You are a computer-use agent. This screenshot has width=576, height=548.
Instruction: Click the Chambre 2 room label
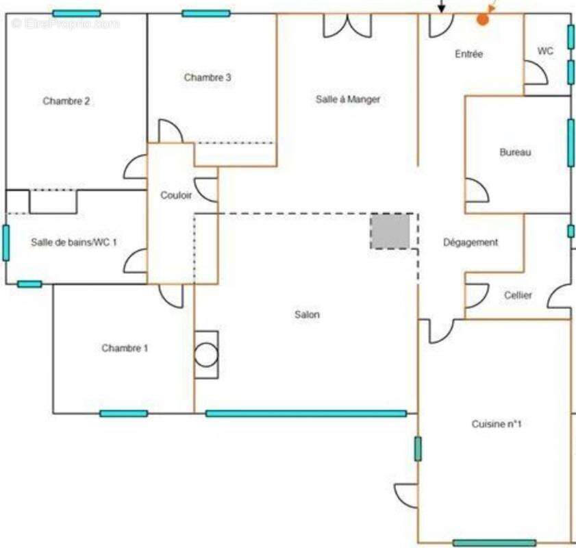coord(66,101)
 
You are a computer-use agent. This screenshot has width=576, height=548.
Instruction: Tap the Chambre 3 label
coord(208,78)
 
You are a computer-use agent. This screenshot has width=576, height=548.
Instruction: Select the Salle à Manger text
coord(348,99)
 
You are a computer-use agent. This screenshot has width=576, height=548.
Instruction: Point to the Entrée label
coord(469,54)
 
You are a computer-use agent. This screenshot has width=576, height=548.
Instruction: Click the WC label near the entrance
coord(546,51)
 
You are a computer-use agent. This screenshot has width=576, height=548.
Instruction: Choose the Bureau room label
coord(515,153)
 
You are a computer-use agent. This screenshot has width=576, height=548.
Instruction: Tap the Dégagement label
coord(471,242)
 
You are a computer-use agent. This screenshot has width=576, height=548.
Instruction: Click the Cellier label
coord(518,295)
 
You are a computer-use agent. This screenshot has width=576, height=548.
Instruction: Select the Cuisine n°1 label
coord(497,425)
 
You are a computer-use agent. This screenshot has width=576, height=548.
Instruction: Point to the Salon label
coord(308,315)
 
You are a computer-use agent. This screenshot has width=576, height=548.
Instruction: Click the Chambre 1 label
coord(125,348)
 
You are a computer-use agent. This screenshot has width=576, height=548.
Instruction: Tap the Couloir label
coord(176,196)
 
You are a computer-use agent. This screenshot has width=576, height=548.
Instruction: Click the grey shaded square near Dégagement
coord(390,231)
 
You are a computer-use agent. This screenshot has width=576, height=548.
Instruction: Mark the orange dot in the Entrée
coord(483,20)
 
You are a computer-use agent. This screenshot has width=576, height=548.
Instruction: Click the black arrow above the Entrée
coord(442,7)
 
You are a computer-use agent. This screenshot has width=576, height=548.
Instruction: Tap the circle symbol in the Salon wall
coord(205,355)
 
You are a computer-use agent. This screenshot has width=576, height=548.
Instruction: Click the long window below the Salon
coord(306,413)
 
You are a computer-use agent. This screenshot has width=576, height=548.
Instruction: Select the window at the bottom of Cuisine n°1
coord(494,543)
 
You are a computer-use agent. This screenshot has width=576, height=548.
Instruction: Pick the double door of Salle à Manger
coord(348,25)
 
